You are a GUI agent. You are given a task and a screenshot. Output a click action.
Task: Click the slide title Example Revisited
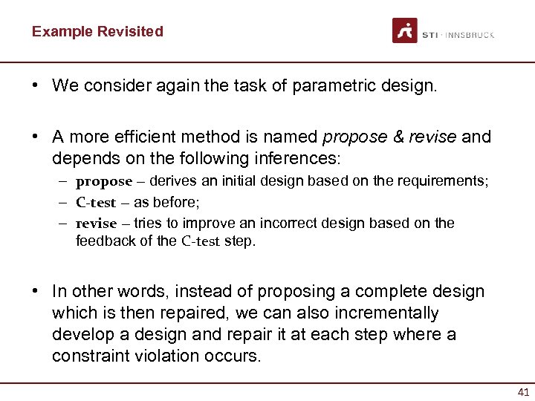[x=97, y=31]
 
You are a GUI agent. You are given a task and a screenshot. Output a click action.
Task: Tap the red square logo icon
[x=405, y=31]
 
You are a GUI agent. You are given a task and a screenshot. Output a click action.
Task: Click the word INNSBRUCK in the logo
[x=470, y=35]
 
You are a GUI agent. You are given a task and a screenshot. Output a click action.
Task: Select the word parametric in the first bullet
[x=328, y=85]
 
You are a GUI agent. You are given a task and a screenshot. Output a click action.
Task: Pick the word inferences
[x=300, y=158]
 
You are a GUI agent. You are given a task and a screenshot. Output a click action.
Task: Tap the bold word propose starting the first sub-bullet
[x=104, y=181]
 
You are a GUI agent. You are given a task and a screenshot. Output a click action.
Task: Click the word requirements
[x=444, y=181]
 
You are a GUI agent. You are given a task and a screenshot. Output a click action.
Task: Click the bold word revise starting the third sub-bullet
[x=97, y=223]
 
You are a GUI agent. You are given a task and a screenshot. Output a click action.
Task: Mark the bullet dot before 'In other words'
[x=35, y=292]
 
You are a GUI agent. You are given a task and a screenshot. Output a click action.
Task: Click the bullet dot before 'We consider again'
[x=35, y=85]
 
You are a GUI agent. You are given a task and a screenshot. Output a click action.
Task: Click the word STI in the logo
[x=429, y=35]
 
